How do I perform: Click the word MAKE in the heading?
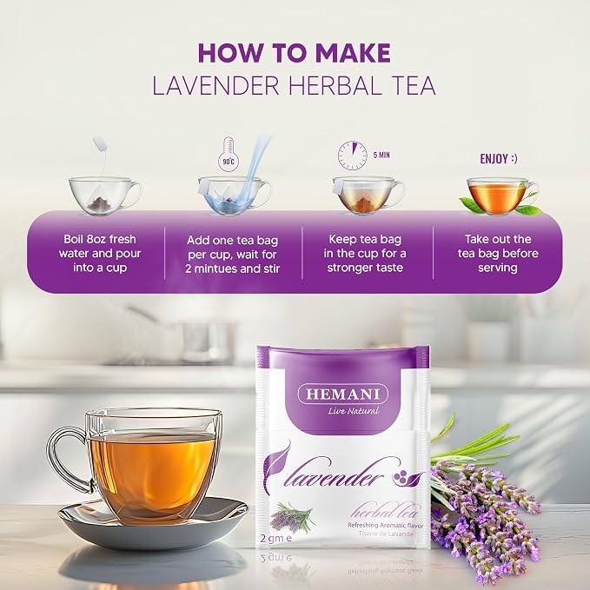(x=353, y=53)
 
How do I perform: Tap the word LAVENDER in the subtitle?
(x=215, y=86)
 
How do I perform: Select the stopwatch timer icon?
(x=352, y=156)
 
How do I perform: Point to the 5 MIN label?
(x=381, y=155)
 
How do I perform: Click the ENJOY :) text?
(x=499, y=159)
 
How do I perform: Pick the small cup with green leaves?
(x=500, y=196)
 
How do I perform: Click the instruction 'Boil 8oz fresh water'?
(x=100, y=247)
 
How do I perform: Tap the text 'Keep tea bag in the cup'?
(x=365, y=247)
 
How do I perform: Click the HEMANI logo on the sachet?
(x=342, y=394)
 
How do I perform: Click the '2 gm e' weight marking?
(x=276, y=539)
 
